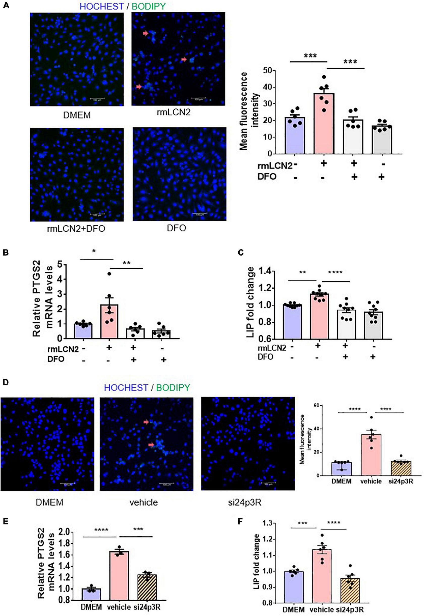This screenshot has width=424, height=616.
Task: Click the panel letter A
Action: pos(6,5)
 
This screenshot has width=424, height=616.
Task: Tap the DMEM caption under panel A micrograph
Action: pos(77,115)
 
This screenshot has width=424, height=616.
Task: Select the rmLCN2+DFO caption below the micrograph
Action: pos(76,229)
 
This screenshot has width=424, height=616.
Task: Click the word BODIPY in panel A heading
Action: pos(149,6)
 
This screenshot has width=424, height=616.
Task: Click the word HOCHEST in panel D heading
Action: pos(126,387)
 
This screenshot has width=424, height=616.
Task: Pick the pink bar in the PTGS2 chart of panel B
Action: pos(109,321)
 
